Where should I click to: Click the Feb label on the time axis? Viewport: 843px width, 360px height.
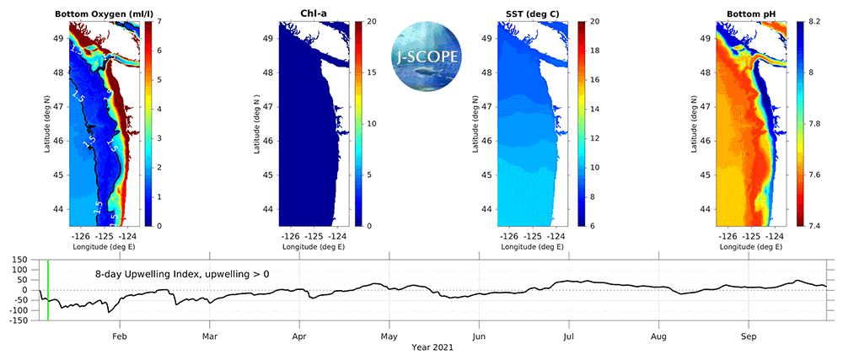121,334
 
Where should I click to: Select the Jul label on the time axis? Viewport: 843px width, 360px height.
569,334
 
